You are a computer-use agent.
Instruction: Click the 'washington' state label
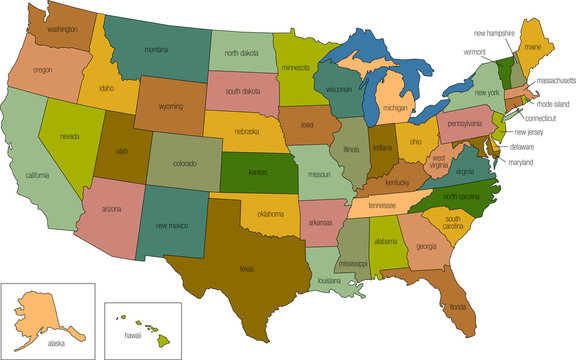62,30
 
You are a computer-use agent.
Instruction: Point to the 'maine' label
532,45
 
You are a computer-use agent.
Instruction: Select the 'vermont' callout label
474,52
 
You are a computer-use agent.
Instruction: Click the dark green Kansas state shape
258,173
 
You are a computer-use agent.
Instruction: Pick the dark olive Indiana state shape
383,149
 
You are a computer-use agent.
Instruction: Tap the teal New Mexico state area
172,227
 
